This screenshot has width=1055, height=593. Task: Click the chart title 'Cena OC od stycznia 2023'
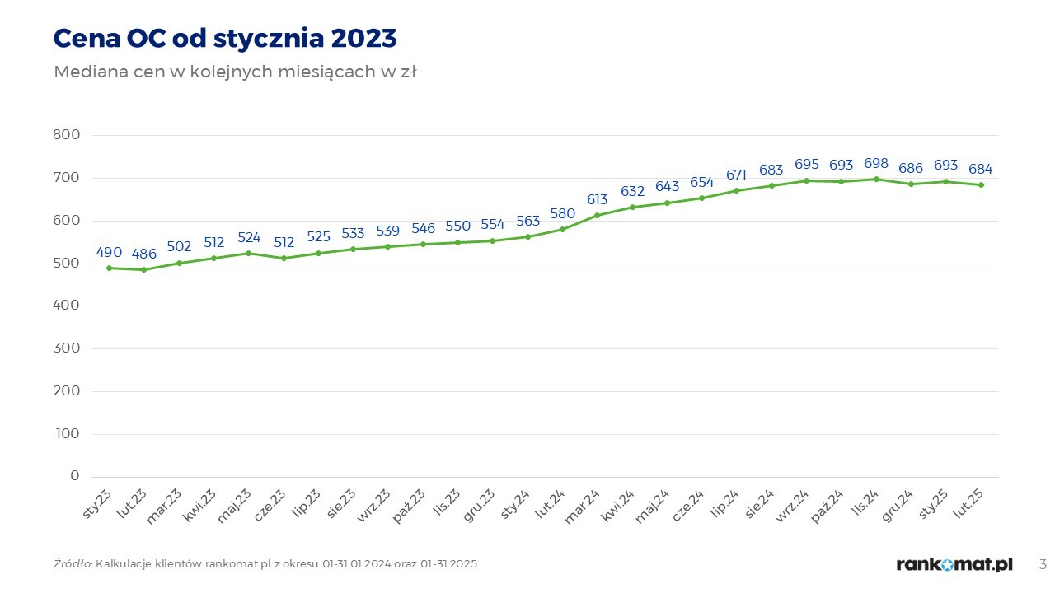224,38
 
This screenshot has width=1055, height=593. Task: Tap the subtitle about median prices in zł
235,72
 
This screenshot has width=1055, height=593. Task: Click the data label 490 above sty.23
109,252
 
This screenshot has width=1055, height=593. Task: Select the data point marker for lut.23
144,269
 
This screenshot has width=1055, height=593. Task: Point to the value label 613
597,199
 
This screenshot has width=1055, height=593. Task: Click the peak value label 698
876,163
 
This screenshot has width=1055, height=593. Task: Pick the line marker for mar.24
597,215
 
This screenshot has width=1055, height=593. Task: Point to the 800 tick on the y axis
68,135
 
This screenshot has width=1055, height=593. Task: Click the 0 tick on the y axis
75,476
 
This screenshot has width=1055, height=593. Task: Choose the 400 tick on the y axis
68,306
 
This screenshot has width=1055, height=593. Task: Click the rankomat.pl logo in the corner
954,564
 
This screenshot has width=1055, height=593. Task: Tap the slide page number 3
1043,564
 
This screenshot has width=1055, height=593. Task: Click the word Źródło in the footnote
73,564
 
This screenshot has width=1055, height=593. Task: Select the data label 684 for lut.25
981,169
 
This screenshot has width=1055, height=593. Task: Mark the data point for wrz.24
806,180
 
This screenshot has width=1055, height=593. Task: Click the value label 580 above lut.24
562,213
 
